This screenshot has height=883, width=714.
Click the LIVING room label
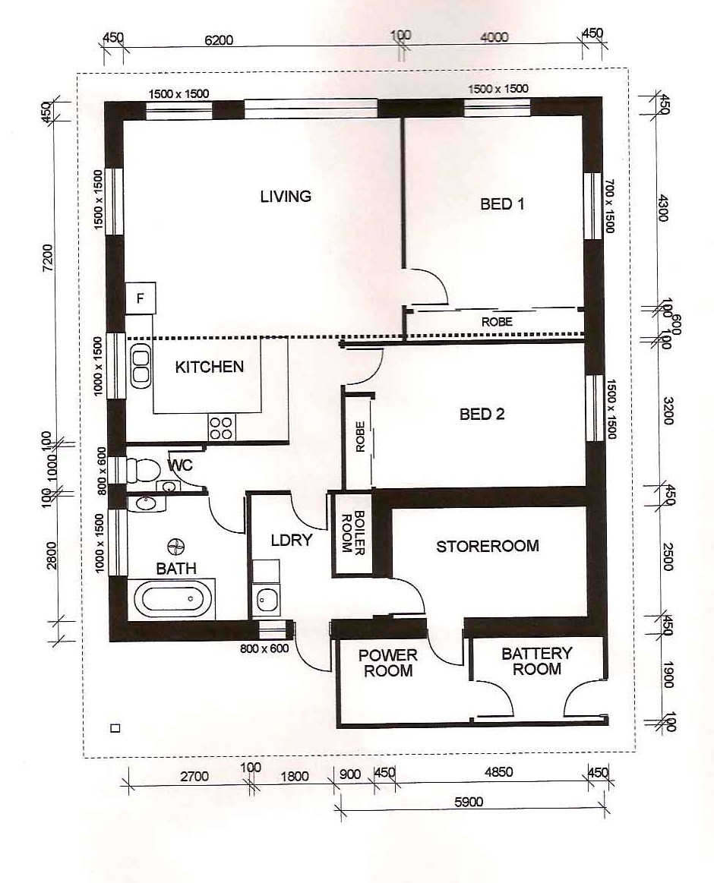point(286,196)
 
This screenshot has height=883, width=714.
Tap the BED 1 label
point(502,203)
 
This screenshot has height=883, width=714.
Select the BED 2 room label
point(482,415)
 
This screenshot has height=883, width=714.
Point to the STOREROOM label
point(488,546)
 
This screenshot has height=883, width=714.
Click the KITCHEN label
point(210,367)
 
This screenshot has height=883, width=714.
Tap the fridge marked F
point(141,298)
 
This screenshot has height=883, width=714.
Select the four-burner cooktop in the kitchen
point(220,427)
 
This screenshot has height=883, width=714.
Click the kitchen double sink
point(141,367)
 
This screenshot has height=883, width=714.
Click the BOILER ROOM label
point(352,532)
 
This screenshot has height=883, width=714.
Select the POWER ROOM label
point(387,663)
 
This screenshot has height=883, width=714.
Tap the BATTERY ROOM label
point(536,661)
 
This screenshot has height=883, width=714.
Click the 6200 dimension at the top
point(219,40)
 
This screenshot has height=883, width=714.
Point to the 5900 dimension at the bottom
point(469,801)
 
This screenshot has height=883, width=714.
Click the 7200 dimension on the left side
point(48,258)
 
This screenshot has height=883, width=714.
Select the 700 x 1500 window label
point(609,206)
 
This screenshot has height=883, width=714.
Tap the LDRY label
point(292,541)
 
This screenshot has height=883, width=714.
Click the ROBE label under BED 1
point(497,322)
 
